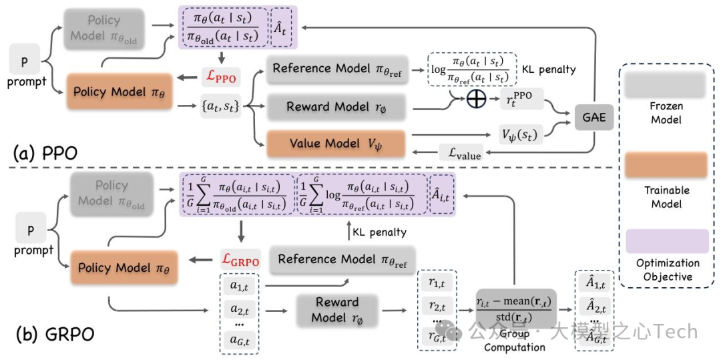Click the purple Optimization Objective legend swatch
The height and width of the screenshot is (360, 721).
[x=668, y=241]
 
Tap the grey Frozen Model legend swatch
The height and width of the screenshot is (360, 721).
[x=668, y=85]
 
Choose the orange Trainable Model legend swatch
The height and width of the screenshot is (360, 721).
[x=668, y=164]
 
